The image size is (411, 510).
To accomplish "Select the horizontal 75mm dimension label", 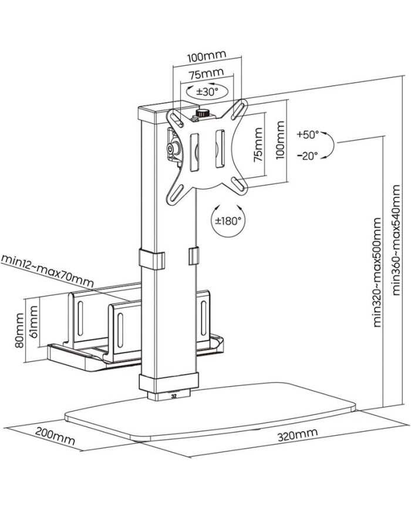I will (206, 75).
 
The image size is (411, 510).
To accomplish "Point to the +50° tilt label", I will (307, 134).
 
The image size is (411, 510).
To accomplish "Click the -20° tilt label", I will (307, 156).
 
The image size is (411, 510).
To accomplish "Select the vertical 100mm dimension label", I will (280, 140).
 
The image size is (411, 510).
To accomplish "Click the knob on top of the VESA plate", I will (203, 112).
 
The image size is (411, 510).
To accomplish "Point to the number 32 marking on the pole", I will (173, 395).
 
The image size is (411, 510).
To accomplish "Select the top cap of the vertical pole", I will (149, 111).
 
